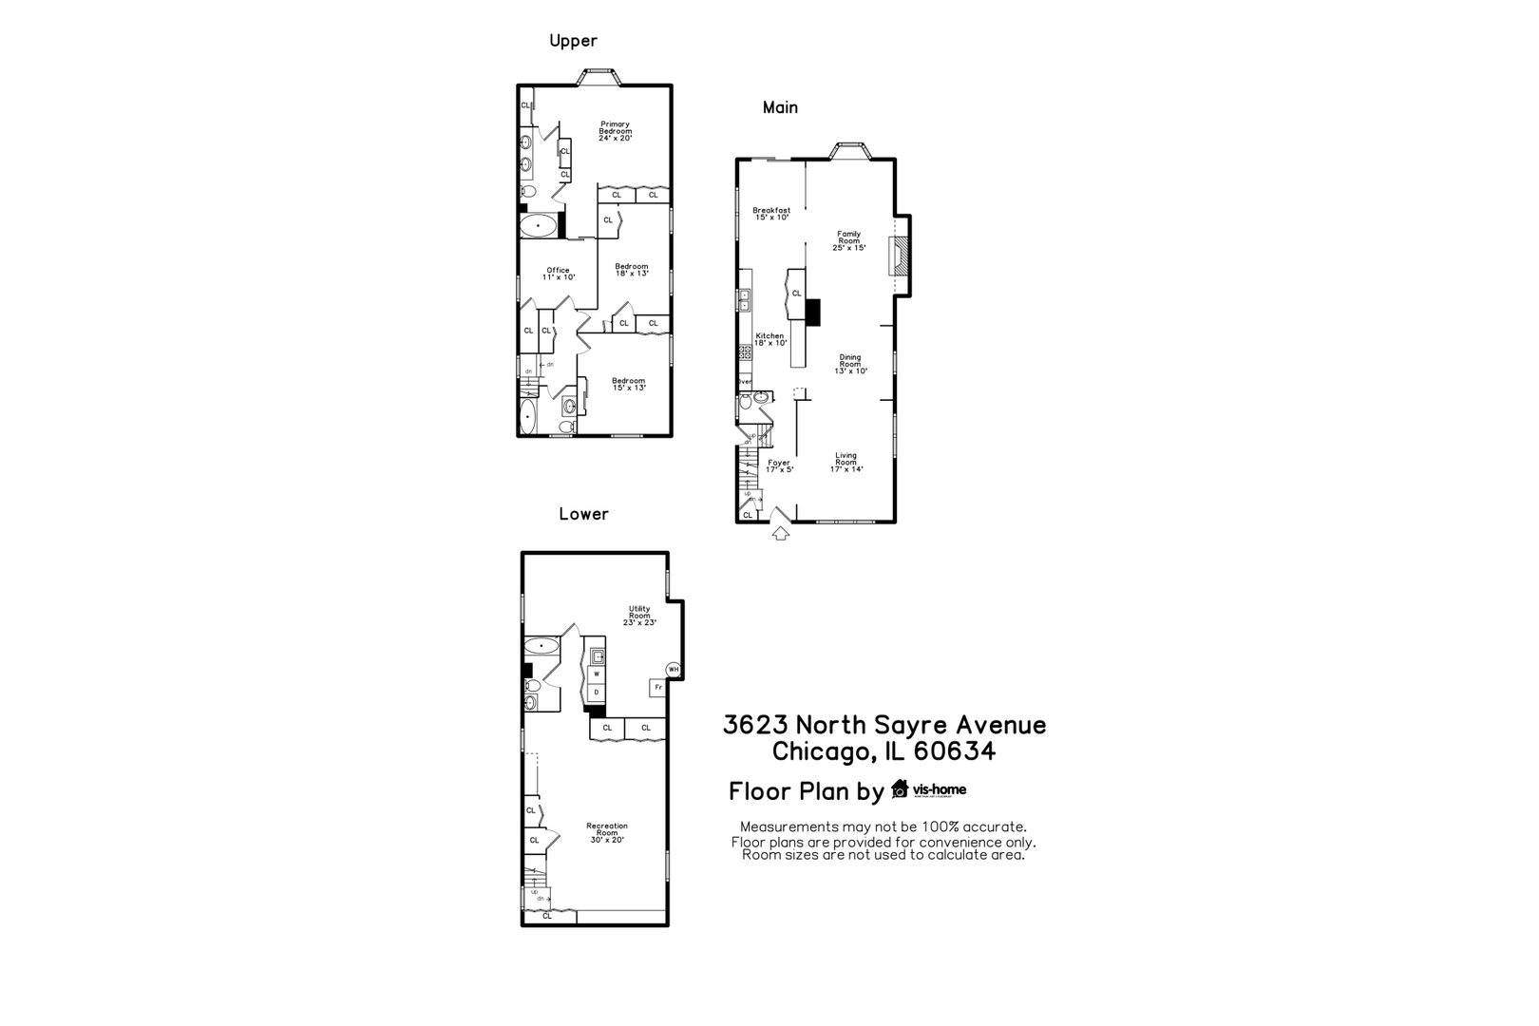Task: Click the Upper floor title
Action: coord(573,41)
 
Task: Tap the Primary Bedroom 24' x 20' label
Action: coord(615,131)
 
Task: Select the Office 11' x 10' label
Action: coord(558,274)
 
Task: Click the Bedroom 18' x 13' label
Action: coord(631,270)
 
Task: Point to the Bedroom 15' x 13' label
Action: coord(628,384)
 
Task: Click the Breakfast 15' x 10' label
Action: coord(771,214)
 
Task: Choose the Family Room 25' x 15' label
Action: coord(848,240)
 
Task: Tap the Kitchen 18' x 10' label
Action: coord(769,339)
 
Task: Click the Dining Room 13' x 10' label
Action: coord(849,364)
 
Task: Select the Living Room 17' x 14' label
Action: coord(845,462)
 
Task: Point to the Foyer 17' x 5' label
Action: coord(779,465)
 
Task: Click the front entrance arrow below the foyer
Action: coord(780,534)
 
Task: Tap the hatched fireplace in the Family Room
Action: coord(898,256)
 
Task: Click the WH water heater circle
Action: coord(674,670)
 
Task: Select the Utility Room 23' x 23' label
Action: coord(639,616)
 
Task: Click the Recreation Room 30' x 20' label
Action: coord(606,832)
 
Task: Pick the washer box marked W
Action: coord(597,674)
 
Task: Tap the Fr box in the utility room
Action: coord(657,687)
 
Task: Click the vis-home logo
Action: coord(928,789)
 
